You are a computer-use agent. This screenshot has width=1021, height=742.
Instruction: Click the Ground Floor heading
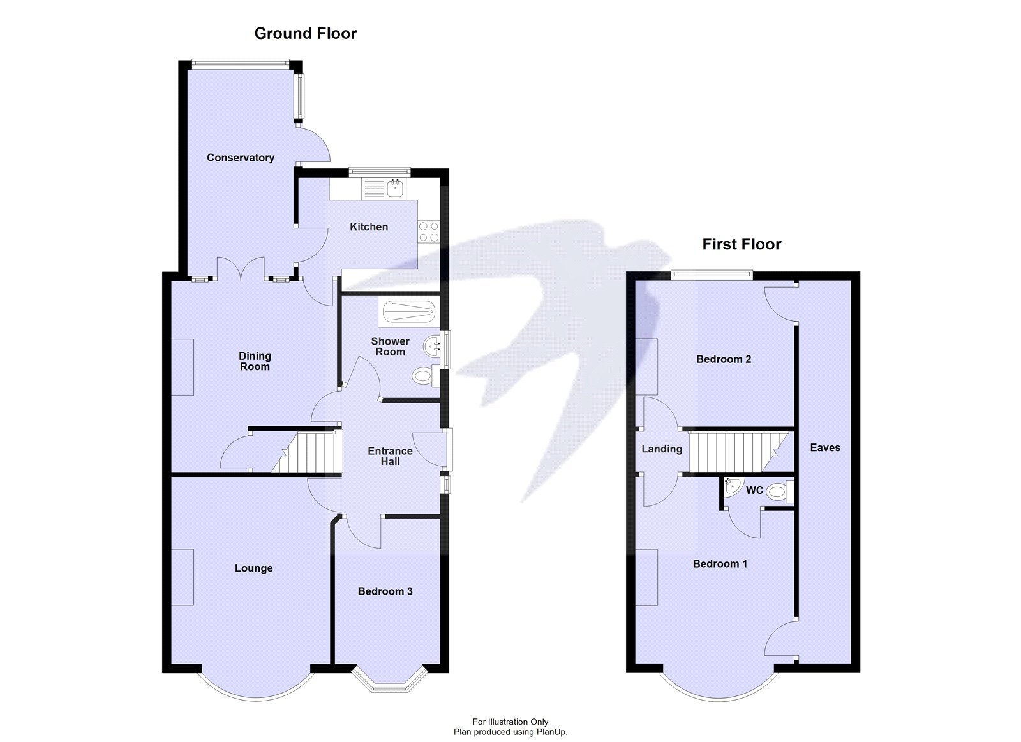click(x=305, y=34)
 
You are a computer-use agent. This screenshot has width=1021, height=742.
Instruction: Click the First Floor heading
click(x=742, y=244)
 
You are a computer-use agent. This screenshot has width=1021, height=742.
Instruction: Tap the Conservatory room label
click(x=241, y=158)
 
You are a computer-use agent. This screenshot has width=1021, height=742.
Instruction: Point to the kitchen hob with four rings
click(x=428, y=232)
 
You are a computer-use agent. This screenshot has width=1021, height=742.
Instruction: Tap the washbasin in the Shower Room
click(x=432, y=347)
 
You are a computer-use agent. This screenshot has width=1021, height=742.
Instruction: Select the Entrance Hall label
click(x=390, y=456)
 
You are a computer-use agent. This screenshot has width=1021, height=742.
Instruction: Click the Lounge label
click(x=253, y=568)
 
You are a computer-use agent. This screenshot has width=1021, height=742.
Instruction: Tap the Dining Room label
click(x=255, y=361)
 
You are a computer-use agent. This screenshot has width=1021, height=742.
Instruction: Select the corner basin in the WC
click(x=731, y=484)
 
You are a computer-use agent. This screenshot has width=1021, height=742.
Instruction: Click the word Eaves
click(x=825, y=448)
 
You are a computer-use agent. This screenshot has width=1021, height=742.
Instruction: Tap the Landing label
click(x=662, y=449)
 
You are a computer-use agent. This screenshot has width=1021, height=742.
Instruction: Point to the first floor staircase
click(x=734, y=450)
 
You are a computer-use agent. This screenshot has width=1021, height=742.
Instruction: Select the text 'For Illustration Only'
click(x=510, y=722)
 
